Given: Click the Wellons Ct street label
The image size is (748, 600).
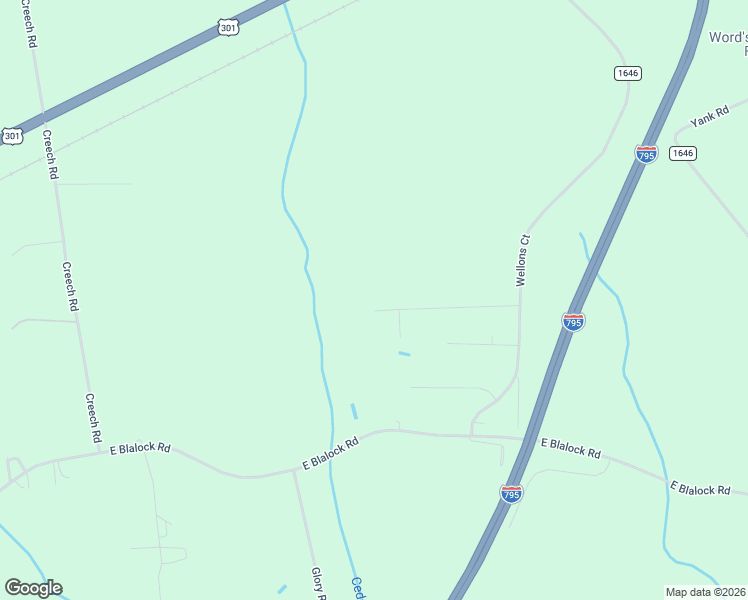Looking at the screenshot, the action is pos(521,261).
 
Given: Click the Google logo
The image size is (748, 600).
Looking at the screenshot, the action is pos(32,588).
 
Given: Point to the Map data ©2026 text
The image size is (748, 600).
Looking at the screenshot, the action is pos(706,592).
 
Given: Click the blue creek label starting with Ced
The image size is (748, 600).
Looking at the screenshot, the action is pos(357,588).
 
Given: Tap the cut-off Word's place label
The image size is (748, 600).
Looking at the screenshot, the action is pos(728,45).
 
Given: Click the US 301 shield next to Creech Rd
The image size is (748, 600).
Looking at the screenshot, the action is pos(12,135).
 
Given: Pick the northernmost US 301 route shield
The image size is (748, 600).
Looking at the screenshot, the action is pos(229,28).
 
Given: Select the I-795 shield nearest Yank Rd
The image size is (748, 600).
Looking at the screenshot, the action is pos(646,154).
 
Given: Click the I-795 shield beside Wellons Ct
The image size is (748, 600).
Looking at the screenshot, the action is pos(573,322).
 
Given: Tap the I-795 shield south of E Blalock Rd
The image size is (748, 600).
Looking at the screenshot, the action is pos(511,494).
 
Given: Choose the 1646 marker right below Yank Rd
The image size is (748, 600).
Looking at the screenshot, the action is pos(683,153).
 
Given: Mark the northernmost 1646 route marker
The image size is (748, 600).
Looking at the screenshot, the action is pos(628,73).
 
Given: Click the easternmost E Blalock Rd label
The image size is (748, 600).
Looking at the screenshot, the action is pos(700,489).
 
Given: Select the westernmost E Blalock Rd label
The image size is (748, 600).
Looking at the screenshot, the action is pos(140,449).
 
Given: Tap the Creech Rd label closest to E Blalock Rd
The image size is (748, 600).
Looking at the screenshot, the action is pos(93,418).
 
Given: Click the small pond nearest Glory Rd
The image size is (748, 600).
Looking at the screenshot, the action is pos(283,589).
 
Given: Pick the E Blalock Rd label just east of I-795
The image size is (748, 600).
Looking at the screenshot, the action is pos(571,448).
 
